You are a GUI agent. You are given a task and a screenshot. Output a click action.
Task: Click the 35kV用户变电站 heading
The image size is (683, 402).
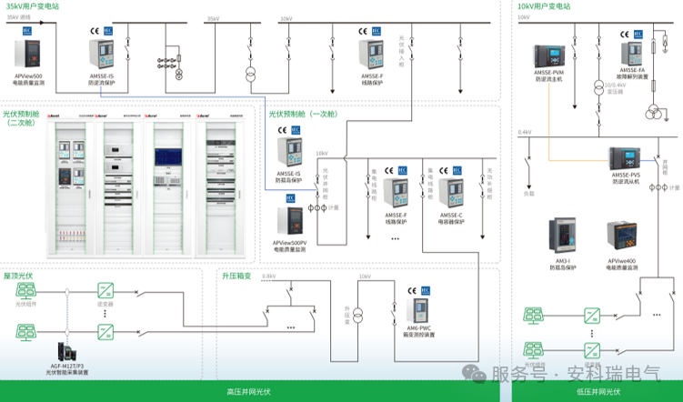pos(33,5)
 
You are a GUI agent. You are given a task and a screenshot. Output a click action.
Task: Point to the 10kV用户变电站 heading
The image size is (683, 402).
pos(544,5)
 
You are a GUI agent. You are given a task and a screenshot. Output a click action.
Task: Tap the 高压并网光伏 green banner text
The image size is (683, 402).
pos(245,392)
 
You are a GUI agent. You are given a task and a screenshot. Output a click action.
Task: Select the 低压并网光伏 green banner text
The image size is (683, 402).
pos(598,392)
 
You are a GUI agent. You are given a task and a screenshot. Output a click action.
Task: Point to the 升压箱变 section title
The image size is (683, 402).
pos(236,274)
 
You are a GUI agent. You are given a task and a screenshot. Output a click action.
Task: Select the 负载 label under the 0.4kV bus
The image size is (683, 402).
pos(529,193)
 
